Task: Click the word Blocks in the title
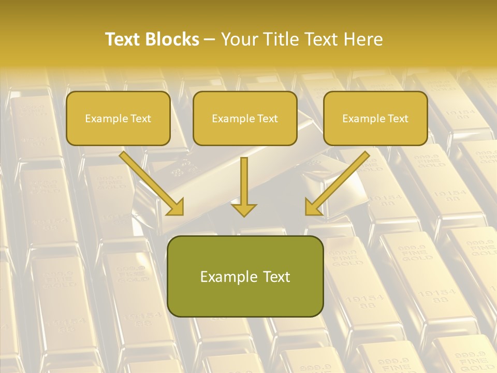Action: tap(172, 39)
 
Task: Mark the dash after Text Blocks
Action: tap(210, 40)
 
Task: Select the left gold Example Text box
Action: tap(118, 118)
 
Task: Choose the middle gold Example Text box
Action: tap(245, 118)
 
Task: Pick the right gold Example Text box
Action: tap(375, 118)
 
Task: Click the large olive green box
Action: tap(245, 276)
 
